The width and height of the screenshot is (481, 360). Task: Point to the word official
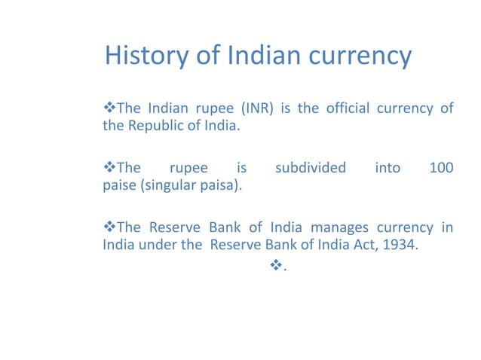tap(348, 108)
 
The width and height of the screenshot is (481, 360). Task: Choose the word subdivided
tap(310, 168)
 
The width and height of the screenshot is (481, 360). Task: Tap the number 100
tap(440, 168)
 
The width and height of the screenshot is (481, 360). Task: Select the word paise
tap(118, 185)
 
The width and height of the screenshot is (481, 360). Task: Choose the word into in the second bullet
tap(388, 168)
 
